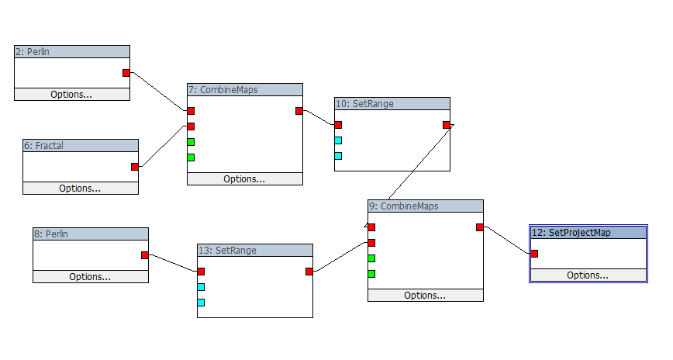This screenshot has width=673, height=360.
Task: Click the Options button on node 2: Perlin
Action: pos(71,95)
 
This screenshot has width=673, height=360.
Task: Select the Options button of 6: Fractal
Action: pos(80,188)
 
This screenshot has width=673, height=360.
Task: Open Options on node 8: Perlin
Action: pos(90,277)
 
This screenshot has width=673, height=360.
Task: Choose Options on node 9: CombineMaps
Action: pos(425,296)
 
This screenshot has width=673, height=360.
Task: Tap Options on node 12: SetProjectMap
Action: pos(588,275)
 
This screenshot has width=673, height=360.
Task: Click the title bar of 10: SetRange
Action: pos(392,103)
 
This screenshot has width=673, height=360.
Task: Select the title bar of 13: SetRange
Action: pos(254,251)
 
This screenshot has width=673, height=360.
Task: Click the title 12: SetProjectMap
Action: pos(588,232)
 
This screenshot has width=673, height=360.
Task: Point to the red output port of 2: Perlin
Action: pos(126,73)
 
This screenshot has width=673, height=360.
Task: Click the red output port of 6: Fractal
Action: pos(135,167)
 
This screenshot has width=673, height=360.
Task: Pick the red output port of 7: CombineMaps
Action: pos(299,111)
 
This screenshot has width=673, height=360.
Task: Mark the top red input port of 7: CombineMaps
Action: pos(191,111)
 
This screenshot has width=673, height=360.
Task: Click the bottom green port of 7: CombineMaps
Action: pos(191,157)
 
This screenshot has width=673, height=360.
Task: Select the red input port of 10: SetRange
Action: pos(338,125)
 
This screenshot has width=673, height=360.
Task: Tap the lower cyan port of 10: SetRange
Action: pos(338,156)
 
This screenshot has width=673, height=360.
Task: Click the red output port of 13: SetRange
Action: pos(309,272)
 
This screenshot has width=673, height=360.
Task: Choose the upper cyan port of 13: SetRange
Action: pos(201,287)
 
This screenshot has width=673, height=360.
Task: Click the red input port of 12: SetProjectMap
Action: pos(534,254)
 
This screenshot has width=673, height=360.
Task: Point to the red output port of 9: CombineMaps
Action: pos(480,227)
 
